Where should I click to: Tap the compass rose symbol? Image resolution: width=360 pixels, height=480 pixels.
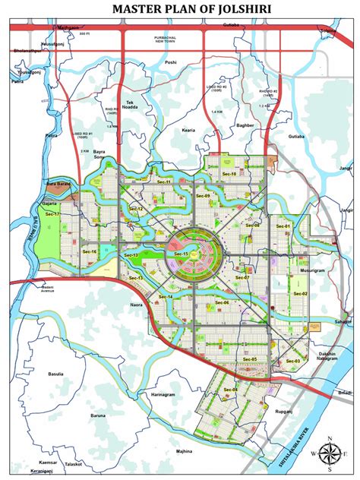tap(330, 453)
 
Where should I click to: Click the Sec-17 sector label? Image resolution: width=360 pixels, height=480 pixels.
tap(52, 214)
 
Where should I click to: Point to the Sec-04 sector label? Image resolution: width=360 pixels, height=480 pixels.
tap(230, 390)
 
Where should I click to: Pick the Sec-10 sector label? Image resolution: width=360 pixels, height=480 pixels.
tap(229, 174)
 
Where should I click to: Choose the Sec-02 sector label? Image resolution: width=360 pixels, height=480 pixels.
tap(300, 293)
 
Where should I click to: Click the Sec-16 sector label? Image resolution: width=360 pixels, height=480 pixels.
tap(90, 251)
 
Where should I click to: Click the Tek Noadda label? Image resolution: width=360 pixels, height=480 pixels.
tap(135, 105)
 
